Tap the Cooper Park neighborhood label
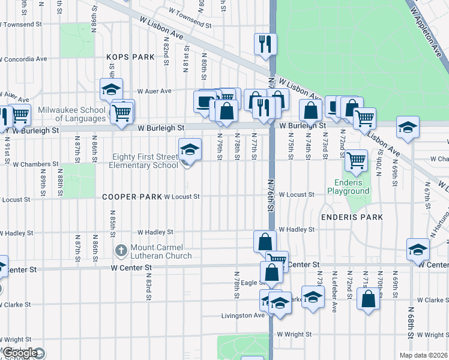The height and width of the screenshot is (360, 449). (x=131, y=196)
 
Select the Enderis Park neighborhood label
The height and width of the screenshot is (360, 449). (x=348, y=216)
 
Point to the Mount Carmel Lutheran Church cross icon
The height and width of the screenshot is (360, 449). (x=121, y=249)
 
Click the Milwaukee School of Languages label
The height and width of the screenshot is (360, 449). (x=72, y=114)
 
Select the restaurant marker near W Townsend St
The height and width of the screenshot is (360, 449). (x=264, y=43)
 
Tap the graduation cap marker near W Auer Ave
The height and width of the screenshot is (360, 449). (x=111, y=89)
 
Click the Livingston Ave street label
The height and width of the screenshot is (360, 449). (x=243, y=315)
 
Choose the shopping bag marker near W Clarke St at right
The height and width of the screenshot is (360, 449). (x=369, y=298)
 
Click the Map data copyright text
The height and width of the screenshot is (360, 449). (x=424, y=355)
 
